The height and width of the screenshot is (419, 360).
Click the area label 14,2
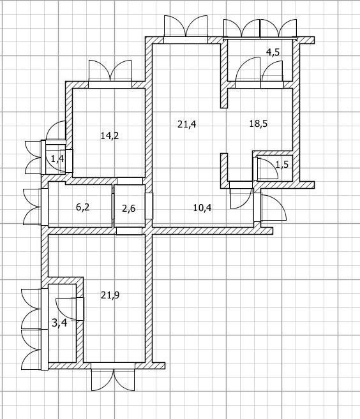pos(110,136)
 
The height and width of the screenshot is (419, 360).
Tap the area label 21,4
pos(186,124)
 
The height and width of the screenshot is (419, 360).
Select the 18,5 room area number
pos(259,124)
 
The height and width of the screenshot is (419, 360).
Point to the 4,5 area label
pos(273,52)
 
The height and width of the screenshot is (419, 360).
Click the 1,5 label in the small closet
pos(282,165)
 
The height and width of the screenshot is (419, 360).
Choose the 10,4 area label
pos(202,208)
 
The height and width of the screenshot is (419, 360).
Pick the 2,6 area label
pos(129,209)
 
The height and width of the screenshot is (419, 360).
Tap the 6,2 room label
pos(82,207)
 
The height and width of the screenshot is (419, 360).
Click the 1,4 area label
pos(57,159)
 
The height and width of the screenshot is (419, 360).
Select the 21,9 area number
pos(110,295)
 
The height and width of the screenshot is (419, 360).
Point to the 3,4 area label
pos(59,323)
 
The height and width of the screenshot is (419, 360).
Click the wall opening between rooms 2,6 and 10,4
pos(149,206)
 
